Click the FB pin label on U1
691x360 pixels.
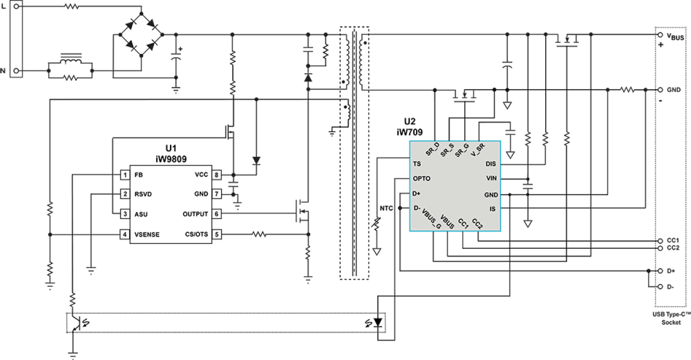coord(138,175)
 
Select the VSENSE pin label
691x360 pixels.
coord(147,234)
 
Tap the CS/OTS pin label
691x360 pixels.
coord(196,234)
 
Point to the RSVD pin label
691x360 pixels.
coord(143,194)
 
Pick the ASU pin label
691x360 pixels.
coord(141,214)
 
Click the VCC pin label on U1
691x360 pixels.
coord(201,174)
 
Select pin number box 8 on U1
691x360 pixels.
coord(217,174)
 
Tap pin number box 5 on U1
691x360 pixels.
coord(217,234)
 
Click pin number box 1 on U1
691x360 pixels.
coord(125,175)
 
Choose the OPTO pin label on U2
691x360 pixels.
coord(421,179)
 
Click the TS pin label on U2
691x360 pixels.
coord(417,164)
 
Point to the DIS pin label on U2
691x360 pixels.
coord(491,164)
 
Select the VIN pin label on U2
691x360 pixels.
coord(491,178)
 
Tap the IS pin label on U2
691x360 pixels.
coord(492,209)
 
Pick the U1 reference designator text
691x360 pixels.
coord(171,148)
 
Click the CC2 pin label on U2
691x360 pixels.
coord(477,223)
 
